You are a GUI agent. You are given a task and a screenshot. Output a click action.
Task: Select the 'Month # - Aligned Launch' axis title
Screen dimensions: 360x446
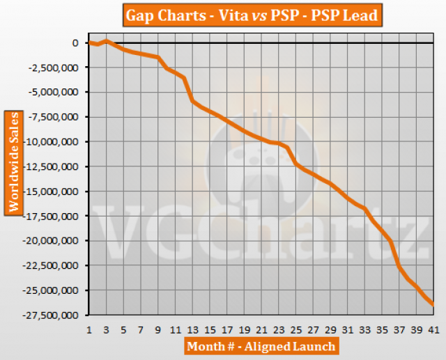261,346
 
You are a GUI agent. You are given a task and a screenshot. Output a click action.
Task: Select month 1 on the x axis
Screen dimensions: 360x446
90,329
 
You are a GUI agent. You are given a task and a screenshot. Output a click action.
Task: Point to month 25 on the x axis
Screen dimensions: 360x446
296,329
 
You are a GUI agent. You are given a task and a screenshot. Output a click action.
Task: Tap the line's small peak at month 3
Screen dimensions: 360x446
107,40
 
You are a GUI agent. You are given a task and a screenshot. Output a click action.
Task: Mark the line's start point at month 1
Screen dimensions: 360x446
90,43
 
